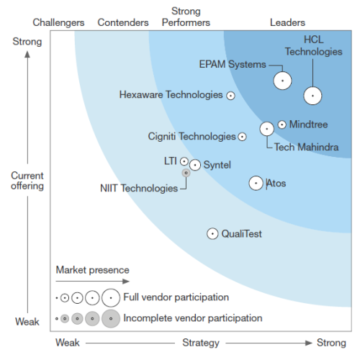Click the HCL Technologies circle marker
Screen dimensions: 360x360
click(312, 95)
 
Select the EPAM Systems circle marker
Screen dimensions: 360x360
click(282, 81)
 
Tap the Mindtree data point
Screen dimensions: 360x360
click(282, 125)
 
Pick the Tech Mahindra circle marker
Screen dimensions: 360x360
click(266, 129)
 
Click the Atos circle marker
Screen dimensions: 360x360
click(256, 183)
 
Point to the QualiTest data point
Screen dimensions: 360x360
click(212, 233)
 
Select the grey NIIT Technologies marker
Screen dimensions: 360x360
click(186, 173)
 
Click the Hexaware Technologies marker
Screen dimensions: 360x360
click(230, 95)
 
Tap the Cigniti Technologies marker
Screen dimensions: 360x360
click(242, 136)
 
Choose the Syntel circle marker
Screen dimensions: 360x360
click(194, 165)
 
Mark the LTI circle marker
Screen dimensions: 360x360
click(184, 161)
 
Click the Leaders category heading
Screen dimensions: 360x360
click(287, 23)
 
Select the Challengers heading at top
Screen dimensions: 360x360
click(58, 23)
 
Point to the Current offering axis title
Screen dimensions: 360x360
click(27, 181)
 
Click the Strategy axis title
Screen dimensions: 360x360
click(201, 343)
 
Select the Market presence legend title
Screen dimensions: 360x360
click(92, 270)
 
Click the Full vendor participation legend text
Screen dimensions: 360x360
click(176, 297)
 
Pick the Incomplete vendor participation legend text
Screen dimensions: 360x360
click(193, 318)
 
